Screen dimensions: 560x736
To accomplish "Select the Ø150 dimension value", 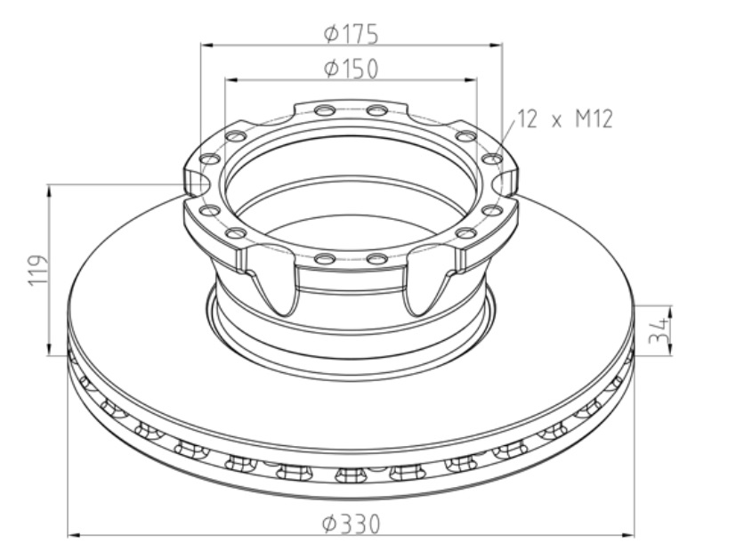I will pos(351,69).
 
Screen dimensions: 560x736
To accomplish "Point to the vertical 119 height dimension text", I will pos(36,270).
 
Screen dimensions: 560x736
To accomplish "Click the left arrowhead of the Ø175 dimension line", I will pos(206,43).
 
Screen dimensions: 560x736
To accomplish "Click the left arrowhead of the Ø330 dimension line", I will pos(74,535).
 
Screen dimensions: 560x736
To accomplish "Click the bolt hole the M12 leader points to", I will pos(490,158).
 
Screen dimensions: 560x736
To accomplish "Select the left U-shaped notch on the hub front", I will pos(279,287).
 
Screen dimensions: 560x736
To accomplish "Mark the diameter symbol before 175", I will pos(329,34).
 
